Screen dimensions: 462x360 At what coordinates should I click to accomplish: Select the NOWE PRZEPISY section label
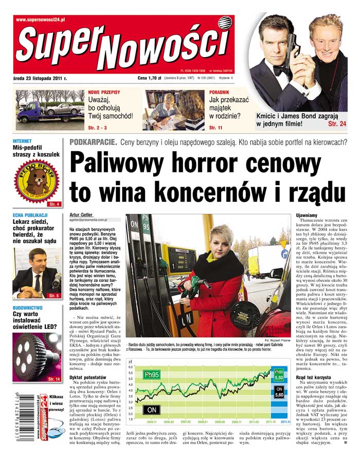coord(104,93)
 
